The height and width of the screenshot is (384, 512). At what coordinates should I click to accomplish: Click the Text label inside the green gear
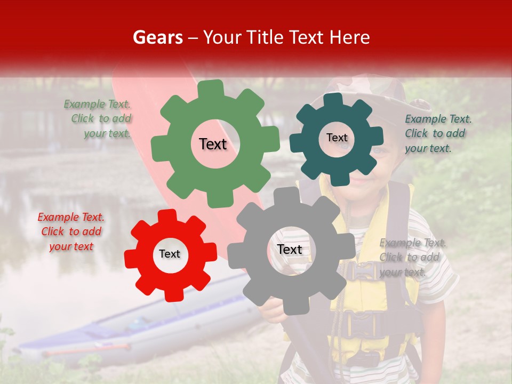click(213, 144)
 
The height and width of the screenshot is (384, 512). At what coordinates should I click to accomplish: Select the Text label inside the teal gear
click(337, 138)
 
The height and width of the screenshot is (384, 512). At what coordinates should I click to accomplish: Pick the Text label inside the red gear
click(170, 254)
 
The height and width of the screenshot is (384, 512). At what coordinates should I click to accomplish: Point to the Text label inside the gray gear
click(290, 250)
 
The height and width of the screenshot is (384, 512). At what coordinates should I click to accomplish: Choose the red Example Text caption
click(71, 232)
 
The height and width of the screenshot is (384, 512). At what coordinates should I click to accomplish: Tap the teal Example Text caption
click(437, 133)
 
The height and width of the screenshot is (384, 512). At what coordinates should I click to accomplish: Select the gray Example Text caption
click(412, 258)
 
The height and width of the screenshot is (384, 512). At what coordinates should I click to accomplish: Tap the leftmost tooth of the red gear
click(131, 258)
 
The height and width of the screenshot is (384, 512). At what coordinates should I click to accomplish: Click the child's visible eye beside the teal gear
click(378, 151)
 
